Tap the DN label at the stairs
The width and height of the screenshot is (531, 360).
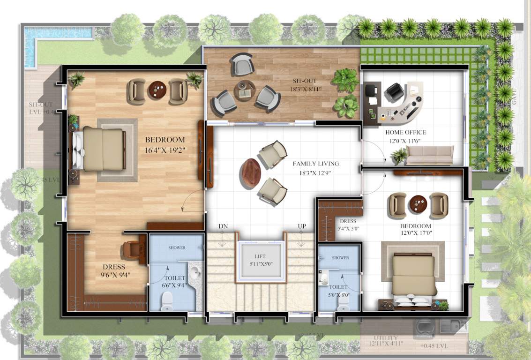click(223, 226)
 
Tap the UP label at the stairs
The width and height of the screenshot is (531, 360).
click(302, 226)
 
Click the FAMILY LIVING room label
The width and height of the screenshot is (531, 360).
click(315, 164)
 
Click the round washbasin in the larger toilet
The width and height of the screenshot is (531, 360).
click(195, 271)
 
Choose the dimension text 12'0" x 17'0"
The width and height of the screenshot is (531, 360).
click(413, 233)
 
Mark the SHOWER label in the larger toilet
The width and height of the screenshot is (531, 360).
click(177, 247)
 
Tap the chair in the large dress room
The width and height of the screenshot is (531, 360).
click(132, 250)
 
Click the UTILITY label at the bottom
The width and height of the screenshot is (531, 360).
click(386, 338)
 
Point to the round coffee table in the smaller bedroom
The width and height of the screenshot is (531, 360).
click(419, 204)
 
